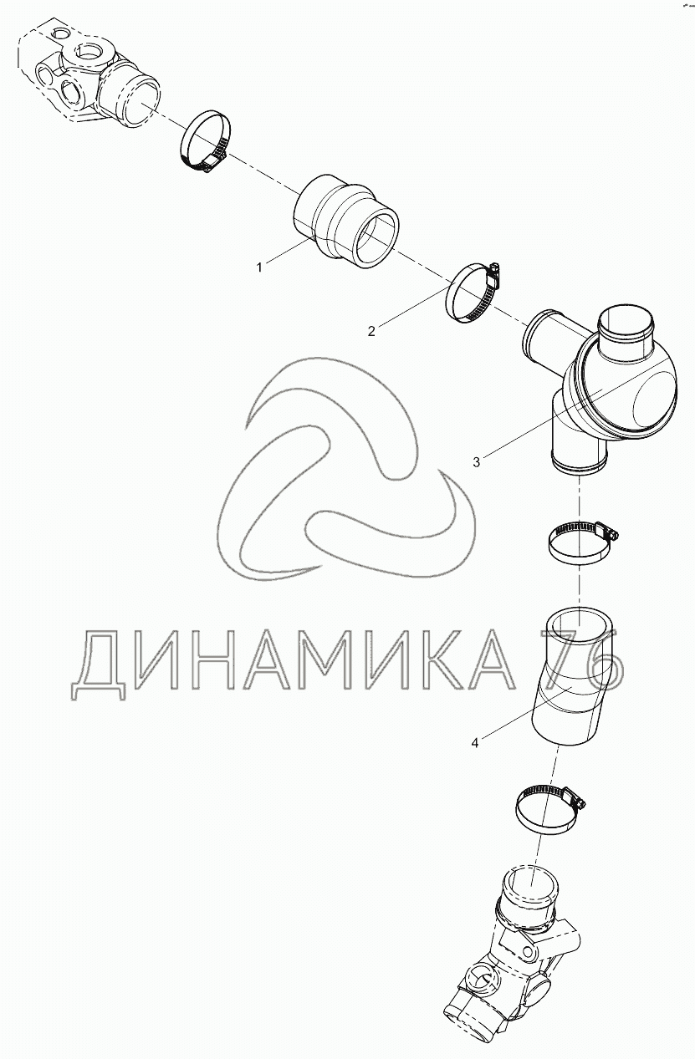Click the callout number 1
(258, 267)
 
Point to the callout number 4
(475, 743)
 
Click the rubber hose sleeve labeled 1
(346, 222)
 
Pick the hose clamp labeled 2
(473, 293)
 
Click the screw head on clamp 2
(495, 272)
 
